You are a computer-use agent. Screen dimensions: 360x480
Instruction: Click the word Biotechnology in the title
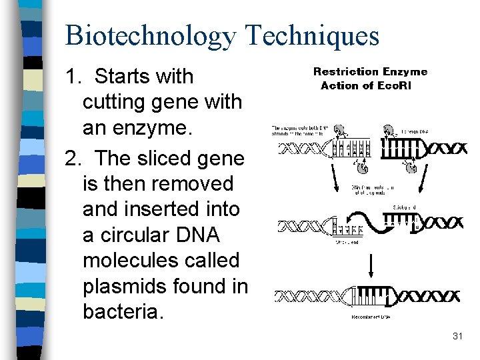click(x=149, y=35)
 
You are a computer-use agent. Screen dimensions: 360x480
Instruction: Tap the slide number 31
click(x=457, y=336)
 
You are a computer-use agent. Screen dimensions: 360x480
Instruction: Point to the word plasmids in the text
click(x=125, y=286)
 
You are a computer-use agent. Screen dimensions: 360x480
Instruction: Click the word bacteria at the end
click(x=121, y=312)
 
